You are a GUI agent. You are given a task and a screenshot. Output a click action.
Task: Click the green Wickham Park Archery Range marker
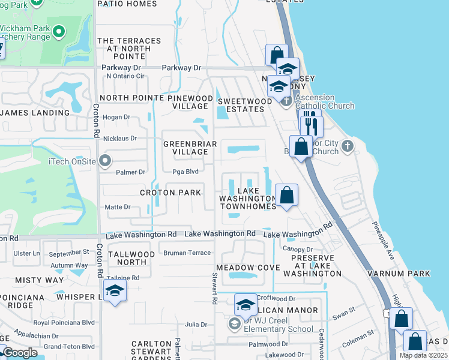[59, 30]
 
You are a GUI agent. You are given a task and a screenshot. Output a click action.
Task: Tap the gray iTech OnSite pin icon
[106, 160]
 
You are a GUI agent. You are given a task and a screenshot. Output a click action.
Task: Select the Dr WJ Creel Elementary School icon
[234, 324]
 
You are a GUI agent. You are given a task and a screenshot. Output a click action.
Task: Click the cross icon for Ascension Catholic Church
[286, 100]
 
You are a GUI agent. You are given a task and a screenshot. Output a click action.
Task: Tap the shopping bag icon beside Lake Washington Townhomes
[287, 195]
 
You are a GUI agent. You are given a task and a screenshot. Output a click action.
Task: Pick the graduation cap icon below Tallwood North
[114, 292]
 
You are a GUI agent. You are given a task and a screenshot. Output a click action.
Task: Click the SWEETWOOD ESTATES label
[241, 105]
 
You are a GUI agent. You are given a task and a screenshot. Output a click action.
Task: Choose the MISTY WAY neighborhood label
[39, 280]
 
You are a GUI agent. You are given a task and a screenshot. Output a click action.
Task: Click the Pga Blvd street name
[185, 172]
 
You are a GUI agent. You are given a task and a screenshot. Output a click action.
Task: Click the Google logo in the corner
[20, 353]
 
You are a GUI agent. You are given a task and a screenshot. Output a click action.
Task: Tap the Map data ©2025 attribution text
[423, 355]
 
